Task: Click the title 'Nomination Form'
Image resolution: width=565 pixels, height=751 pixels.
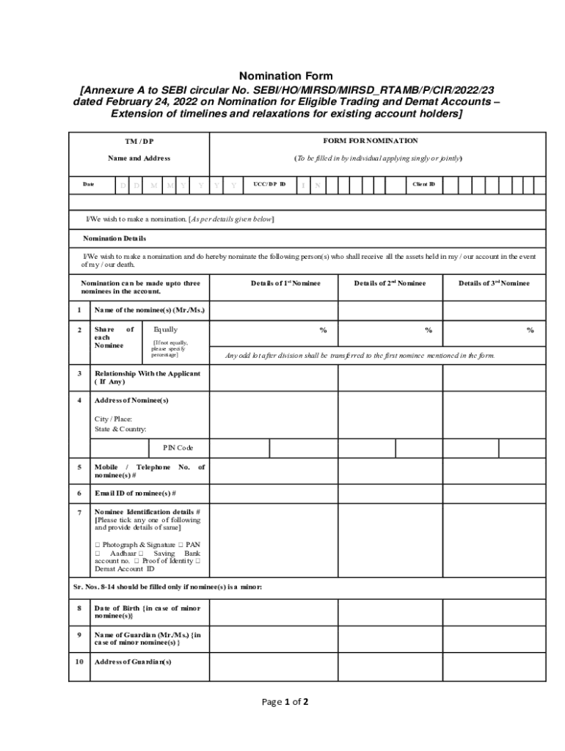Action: pos(285,76)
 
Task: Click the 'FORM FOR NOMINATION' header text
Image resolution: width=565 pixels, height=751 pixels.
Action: pos(371,141)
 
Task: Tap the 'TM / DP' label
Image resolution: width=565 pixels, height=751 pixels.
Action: pos(139,142)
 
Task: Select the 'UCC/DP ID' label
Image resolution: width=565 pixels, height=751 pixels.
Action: pos(269,184)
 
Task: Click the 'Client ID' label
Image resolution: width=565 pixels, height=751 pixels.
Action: pos(423,184)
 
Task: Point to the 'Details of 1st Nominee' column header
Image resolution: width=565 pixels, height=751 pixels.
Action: pos(285,283)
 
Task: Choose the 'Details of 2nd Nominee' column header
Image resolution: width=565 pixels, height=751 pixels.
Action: pos(389,283)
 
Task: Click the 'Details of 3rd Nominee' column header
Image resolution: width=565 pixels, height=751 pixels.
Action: pos(494,283)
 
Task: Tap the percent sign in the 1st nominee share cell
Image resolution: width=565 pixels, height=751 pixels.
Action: pos(323,331)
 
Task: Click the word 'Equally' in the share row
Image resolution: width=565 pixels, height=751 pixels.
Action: pos(165,330)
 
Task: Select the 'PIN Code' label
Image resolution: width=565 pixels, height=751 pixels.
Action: pos(173,447)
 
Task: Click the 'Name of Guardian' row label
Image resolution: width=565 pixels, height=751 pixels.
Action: pos(147,638)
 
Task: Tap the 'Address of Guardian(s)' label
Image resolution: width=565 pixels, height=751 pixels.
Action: pos(133,662)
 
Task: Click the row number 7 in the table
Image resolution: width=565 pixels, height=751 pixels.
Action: pos(79,511)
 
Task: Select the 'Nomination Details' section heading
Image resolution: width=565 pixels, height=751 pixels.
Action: pos(114,238)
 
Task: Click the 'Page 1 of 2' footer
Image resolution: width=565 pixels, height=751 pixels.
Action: pos(285,702)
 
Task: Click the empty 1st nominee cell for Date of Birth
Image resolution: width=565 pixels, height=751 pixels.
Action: pos(273,612)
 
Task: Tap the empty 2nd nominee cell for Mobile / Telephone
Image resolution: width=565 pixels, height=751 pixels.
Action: pos(390,471)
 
